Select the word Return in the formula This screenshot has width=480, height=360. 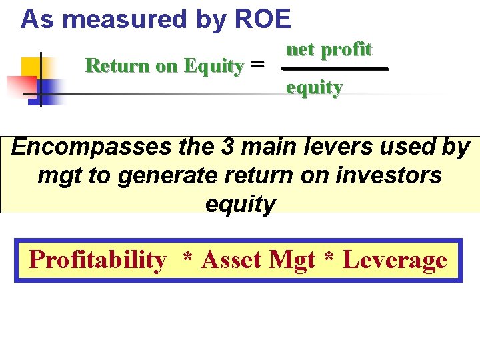click(x=110, y=66)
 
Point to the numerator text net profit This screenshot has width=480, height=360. click(x=329, y=49)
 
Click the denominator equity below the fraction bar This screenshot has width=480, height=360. click(x=314, y=87)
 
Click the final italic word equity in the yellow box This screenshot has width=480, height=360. click(x=240, y=204)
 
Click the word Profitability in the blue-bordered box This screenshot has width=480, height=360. click(x=97, y=259)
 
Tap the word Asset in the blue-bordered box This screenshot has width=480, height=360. click(x=231, y=259)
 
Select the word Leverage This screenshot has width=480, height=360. click(x=395, y=259)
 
